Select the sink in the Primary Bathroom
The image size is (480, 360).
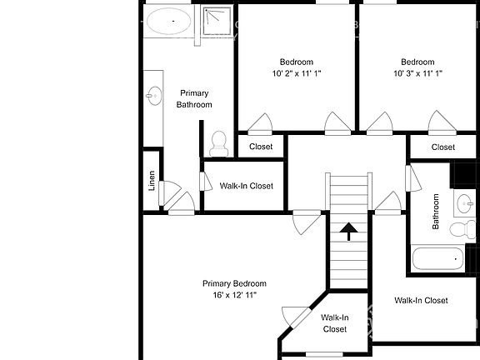click(153, 96)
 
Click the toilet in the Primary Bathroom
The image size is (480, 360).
click(219, 144)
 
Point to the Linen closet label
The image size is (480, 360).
click(152, 181)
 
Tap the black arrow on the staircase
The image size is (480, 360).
click(348, 228)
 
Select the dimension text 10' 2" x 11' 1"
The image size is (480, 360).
click(296, 73)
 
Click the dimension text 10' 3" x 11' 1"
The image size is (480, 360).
click(417, 73)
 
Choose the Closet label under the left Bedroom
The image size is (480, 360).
click(261, 147)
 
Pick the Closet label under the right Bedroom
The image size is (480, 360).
click(443, 147)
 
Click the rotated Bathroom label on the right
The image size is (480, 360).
click(435, 212)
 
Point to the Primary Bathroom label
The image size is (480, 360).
click(194, 98)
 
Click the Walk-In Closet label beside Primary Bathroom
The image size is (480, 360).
click(241, 187)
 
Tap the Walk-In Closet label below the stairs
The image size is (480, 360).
click(334, 323)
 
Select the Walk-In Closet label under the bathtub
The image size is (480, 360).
click(421, 301)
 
